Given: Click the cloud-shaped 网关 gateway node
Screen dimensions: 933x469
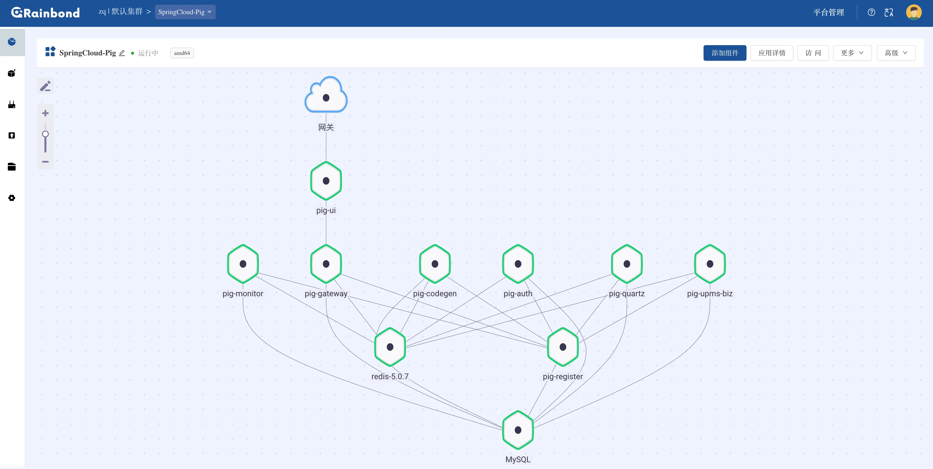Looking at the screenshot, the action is coord(326,95).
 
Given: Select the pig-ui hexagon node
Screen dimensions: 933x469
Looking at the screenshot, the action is coord(326,181).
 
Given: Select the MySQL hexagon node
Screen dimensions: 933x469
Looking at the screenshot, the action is coord(518,430).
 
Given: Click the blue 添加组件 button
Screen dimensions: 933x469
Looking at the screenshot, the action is coord(725,53).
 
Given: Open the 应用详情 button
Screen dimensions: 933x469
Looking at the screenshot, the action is coord(772,53).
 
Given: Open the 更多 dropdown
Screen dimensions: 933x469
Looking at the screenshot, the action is coord(852,53).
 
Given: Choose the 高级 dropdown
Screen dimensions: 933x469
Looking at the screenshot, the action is coord(896,53).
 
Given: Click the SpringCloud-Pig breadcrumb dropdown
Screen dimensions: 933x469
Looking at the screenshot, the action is coord(185,12).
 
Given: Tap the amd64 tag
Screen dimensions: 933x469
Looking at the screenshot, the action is coord(182,53).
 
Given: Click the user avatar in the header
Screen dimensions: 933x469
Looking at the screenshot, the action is coord(914,12).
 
